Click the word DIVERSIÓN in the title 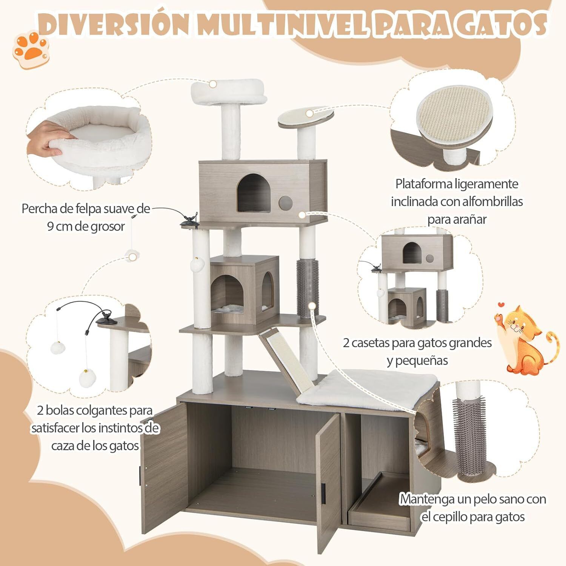(113, 25)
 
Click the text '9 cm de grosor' (86, 227)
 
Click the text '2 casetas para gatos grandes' (417, 343)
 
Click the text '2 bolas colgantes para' (95, 411)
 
